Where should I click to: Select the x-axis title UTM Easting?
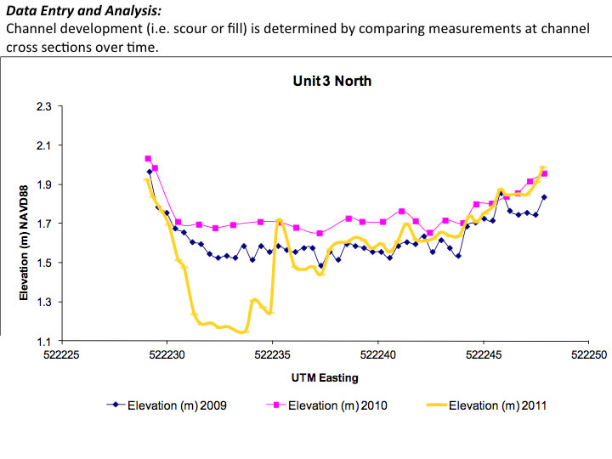[326, 377]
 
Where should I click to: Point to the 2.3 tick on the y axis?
[43, 106]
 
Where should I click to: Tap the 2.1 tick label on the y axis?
[43, 145]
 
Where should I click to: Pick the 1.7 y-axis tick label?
[43, 224]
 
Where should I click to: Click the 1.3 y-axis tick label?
[43, 302]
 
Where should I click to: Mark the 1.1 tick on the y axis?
[43, 341]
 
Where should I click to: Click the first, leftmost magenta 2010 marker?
[148, 159]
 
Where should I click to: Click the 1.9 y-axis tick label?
[43, 184]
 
